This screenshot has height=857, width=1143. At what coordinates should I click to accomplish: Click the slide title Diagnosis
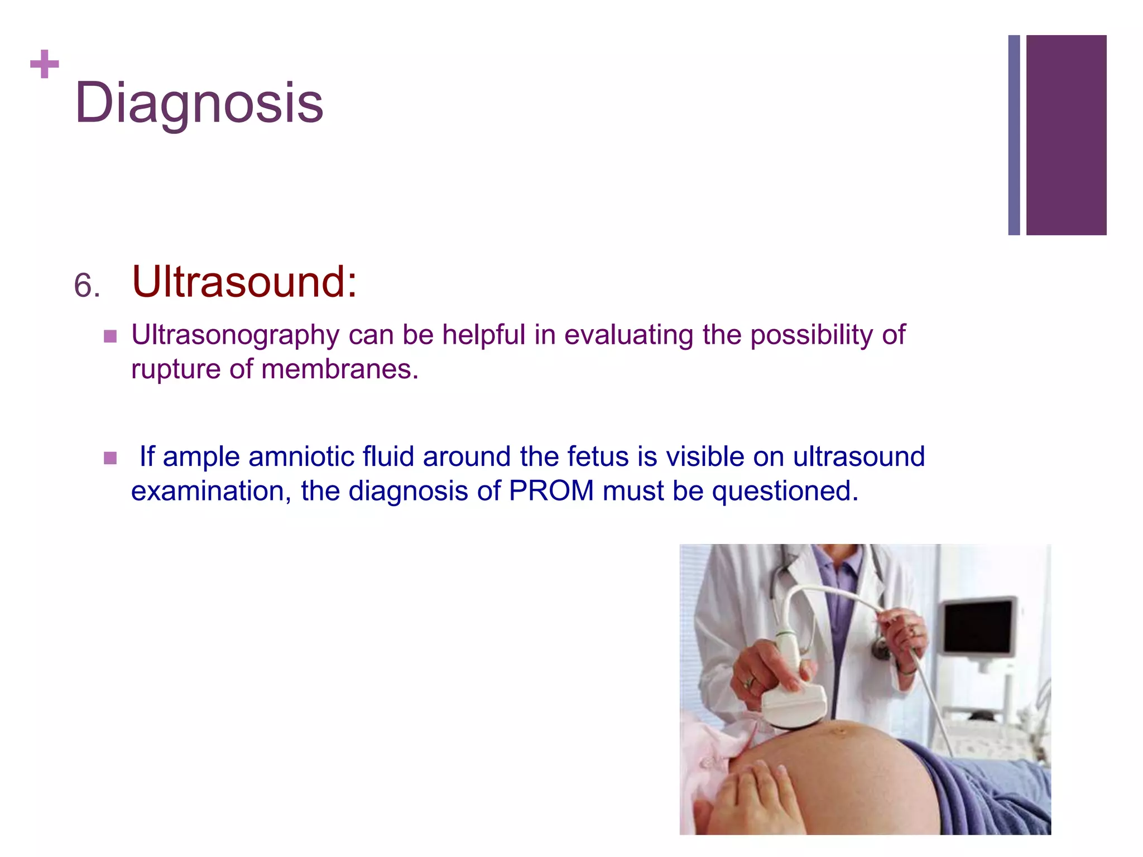point(199,103)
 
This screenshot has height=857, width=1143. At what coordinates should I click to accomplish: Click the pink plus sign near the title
point(45,64)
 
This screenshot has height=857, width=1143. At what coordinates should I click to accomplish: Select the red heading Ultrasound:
point(244,282)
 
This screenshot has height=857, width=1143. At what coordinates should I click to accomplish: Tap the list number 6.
point(87,286)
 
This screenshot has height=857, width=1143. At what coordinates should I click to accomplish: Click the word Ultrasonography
point(235,335)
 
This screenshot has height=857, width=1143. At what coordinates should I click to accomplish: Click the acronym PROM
point(551,491)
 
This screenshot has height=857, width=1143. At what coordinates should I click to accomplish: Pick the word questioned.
point(785,491)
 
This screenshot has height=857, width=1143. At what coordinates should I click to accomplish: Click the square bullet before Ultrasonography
point(111,336)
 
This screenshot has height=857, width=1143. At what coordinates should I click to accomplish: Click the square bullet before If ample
point(111,458)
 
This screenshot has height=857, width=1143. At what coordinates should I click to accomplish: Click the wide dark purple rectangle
point(1066,135)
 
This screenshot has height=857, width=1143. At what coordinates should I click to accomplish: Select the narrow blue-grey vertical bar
point(1014,135)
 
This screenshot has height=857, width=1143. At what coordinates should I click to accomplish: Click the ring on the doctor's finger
point(750,681)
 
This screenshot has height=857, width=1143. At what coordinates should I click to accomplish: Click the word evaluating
point(628,335)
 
